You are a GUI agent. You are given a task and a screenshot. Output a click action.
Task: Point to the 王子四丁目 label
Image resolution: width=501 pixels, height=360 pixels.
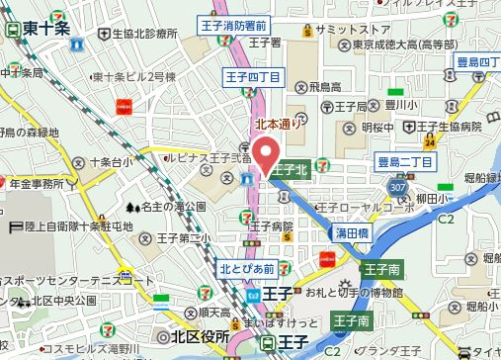point(252,77)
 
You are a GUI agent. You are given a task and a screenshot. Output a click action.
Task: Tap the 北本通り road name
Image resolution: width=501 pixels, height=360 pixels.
point(273,126)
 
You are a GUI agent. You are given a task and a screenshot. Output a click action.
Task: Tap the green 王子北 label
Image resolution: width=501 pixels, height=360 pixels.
point(291,170)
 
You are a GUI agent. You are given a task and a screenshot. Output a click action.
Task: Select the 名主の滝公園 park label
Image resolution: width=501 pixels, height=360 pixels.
point(168,207)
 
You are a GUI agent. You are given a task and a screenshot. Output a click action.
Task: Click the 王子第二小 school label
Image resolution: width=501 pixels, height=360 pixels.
point(181,238)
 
